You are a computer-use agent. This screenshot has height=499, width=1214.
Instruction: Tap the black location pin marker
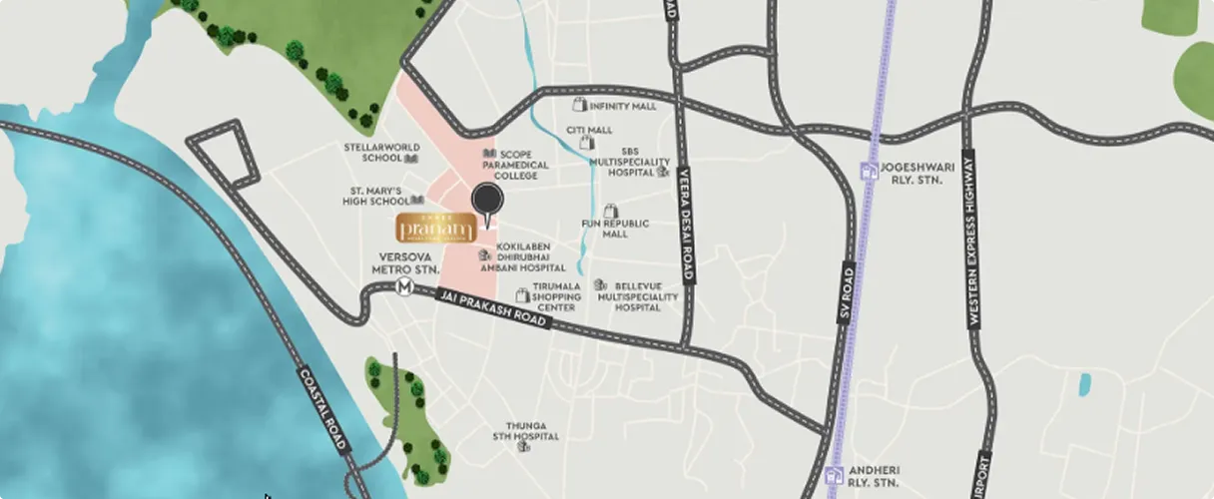pos(487,203)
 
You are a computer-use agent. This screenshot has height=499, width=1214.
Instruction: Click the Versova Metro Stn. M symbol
pos(404,287)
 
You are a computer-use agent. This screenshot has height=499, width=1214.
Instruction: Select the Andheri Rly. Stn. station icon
pos(835,476)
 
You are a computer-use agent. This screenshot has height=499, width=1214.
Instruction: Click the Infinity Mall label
pos(623,106)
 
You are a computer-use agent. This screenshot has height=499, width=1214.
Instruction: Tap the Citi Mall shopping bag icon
pos(587,143)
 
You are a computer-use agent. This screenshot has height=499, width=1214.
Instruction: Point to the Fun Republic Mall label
pos(615,229)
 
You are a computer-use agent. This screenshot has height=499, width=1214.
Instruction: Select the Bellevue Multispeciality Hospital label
pos(638,296)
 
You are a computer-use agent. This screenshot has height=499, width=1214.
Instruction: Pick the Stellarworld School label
pos(382,152)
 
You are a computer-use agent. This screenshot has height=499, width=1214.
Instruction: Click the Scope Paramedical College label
pos(523,165)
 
